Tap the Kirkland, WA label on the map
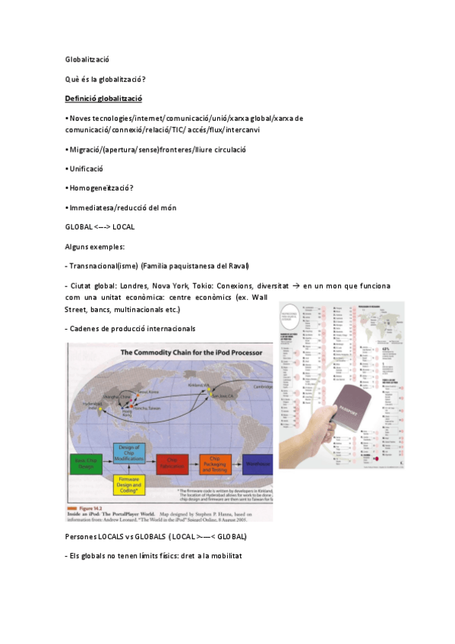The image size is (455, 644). [x=201, y=385]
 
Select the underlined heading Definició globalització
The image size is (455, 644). [x=103, y=99]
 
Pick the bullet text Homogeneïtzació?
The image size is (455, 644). [x=100, y=188]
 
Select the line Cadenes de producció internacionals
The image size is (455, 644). [x=130, y=328]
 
